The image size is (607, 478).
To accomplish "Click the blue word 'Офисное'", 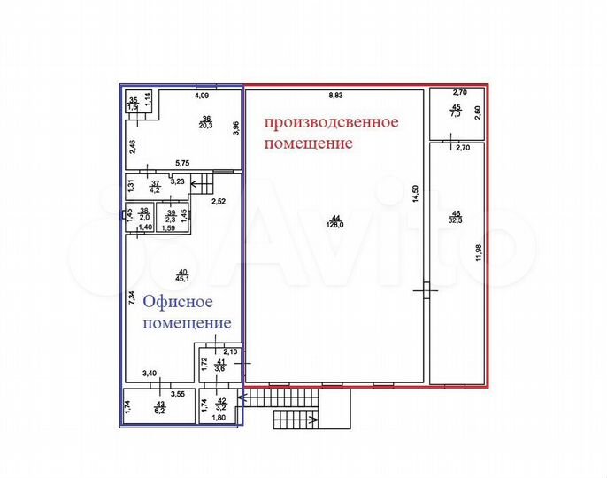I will [175, 302].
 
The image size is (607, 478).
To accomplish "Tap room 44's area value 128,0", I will [335, 225].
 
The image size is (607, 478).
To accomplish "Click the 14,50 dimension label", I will [413, 195].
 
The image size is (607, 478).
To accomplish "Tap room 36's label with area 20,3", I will [206, 122].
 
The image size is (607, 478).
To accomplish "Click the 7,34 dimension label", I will [131, 298].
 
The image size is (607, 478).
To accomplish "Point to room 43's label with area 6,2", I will [159, 408].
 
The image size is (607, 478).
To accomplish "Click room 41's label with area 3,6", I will [220, 366].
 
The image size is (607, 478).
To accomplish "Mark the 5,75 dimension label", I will [184, 163].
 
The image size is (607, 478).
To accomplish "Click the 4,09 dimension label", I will [203, 94].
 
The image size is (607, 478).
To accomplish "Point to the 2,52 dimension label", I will [219, 202].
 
